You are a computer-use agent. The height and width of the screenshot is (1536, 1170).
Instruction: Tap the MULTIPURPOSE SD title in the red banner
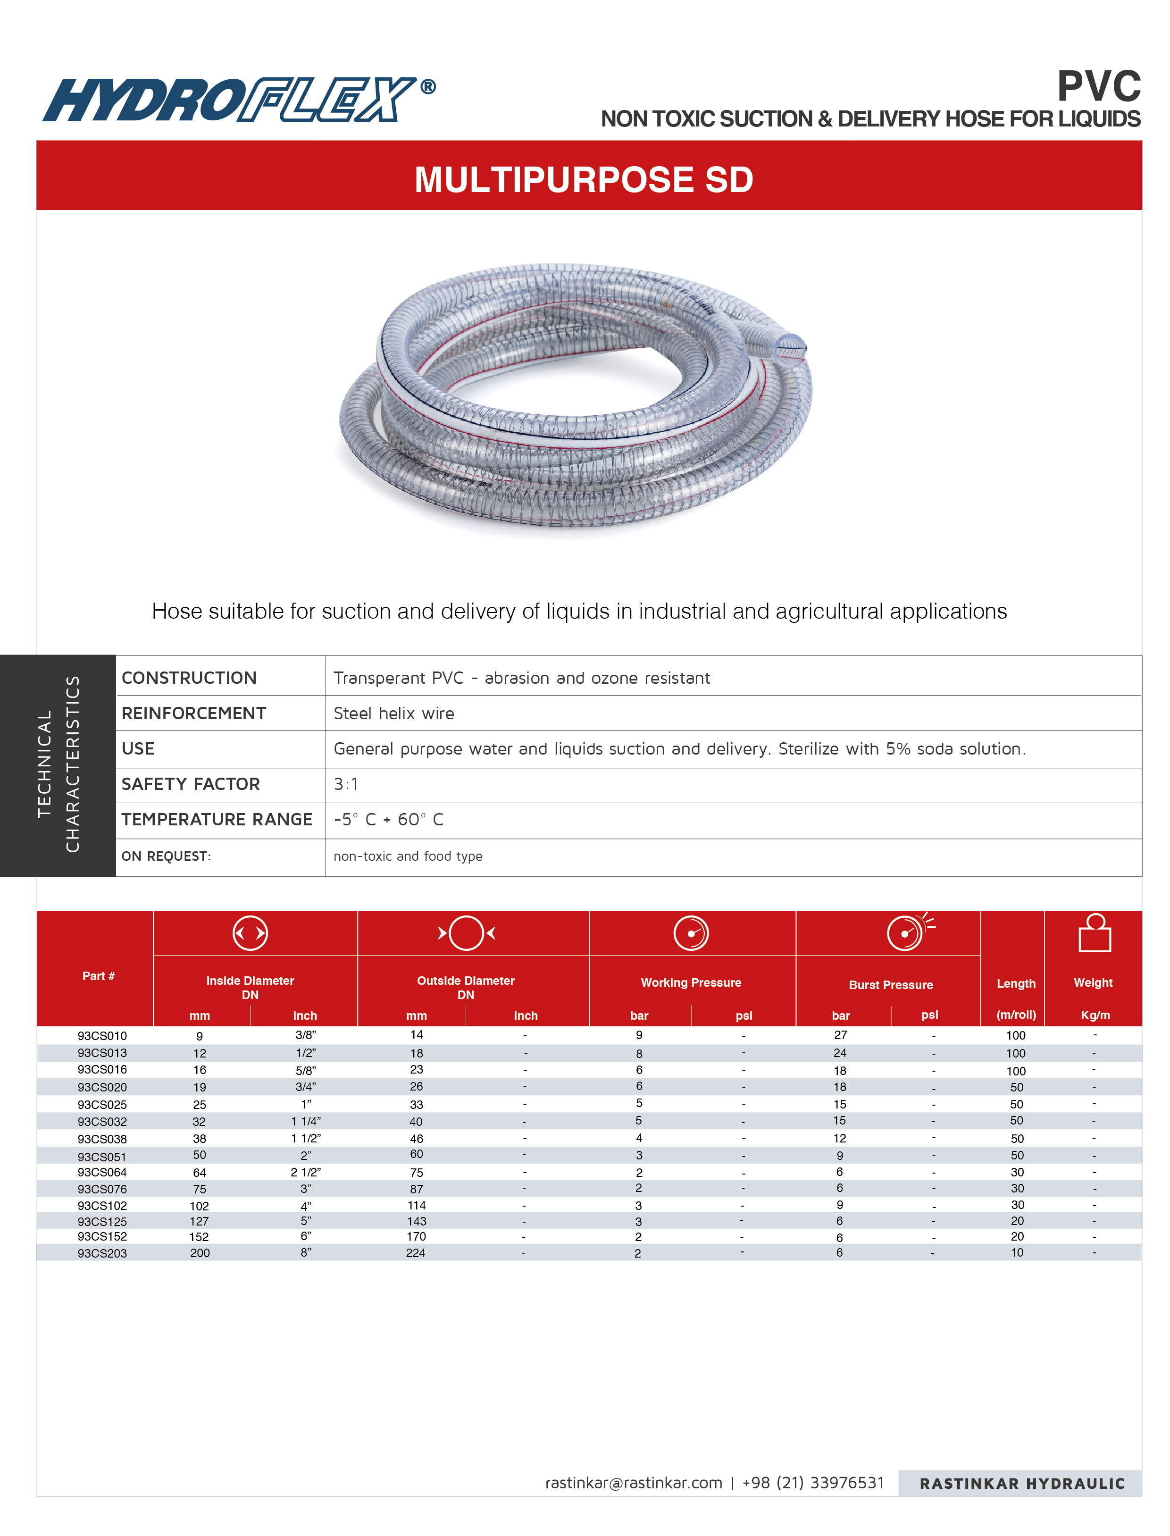[x=584, y=180]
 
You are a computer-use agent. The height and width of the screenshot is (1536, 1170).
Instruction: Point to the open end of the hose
[x=790, y=347]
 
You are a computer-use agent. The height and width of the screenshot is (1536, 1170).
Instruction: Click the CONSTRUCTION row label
[x=189, y=678]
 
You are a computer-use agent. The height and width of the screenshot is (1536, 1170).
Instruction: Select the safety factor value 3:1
[x=345, y=784]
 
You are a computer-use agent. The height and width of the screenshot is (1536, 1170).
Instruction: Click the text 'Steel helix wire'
[x=393, y=713]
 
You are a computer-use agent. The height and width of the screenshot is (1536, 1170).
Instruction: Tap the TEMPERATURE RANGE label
[x=217, y=819]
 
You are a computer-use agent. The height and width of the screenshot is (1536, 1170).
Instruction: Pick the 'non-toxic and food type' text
[x=408, y=856]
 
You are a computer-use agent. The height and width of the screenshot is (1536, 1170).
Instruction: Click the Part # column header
[x=98, y=976]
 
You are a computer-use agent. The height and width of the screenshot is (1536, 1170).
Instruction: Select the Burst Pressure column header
[x=890, y=984]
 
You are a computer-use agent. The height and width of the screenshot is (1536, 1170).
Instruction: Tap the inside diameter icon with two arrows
[x=250, y=933]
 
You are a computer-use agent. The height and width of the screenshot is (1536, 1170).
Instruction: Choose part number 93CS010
[x=102, y=1036]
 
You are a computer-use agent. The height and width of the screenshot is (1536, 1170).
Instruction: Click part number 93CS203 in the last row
[x=102, y=1253]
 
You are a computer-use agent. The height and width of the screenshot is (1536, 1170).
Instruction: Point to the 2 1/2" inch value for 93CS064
[x=306, y=1172]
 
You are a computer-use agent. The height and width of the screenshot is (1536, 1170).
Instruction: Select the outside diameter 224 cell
[x=416, y=1252]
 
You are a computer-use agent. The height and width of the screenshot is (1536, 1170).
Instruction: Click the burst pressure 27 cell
[x=841, y=1035]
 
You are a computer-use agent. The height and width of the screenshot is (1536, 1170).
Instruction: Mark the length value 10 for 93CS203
[x=1017, y=1252]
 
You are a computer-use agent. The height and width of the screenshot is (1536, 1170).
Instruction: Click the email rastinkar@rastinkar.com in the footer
[x=633, y=1482]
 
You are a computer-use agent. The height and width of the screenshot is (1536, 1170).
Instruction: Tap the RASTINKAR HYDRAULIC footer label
[x=1022, y=1483]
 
